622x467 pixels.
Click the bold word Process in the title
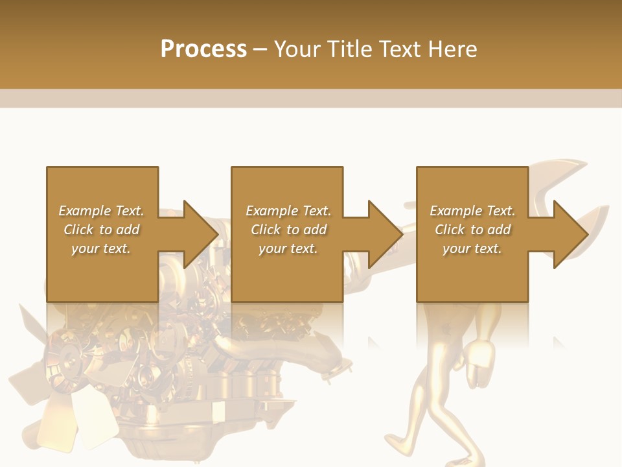point(203,49)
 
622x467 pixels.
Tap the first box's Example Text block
point(101,230)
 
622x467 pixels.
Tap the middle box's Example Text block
point(288,230)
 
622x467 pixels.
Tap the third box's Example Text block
point(472,230)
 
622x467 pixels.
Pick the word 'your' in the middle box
point(271,248)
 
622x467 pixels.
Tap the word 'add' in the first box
point(128,230)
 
